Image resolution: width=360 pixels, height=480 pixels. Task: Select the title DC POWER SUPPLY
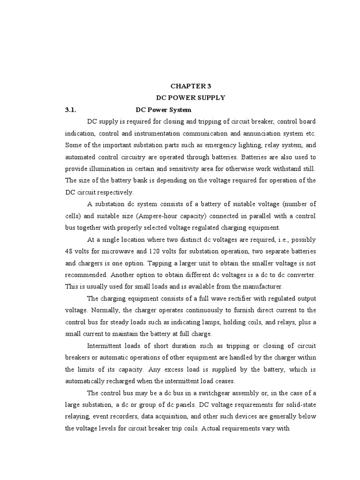click(191, 97)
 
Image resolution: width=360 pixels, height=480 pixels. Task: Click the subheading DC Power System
click(163, 110)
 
